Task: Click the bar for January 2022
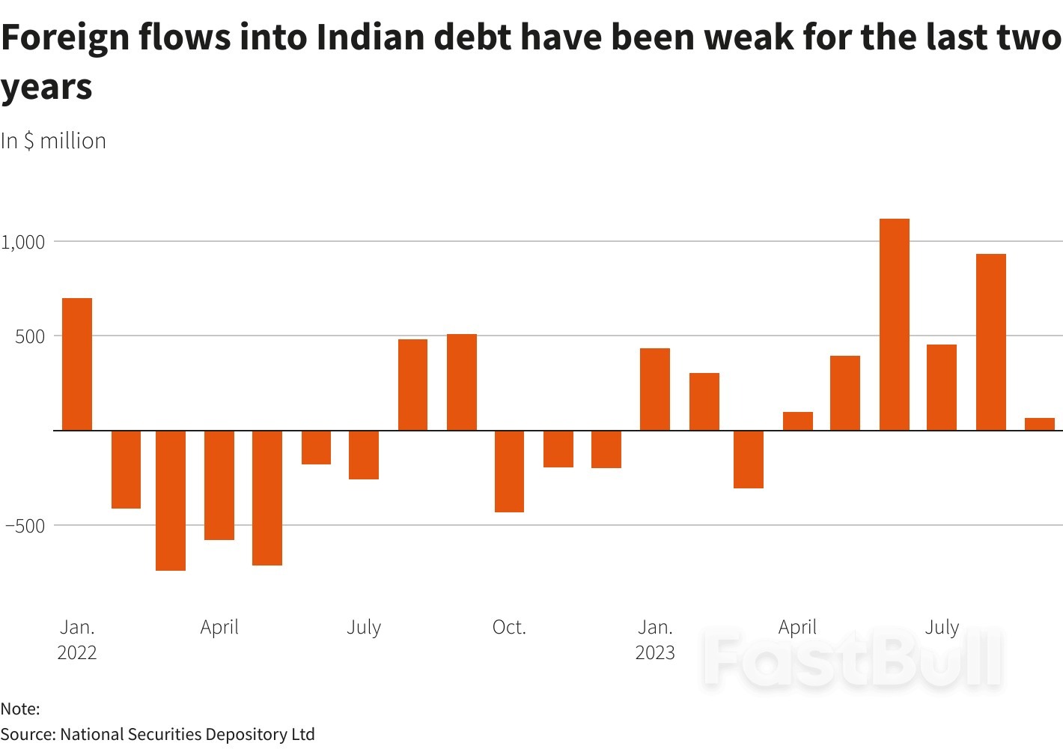click(x=77, y=364)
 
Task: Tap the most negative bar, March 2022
click(x=171, y=500)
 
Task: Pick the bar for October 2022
click(x=509, y=471)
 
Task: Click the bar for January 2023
click(x=655, y=389)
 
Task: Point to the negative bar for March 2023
click(x=749, y=459)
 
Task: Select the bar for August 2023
click(x=990, y=342)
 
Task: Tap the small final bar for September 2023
click(x=1039, y=424)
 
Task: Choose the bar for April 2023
click(x=798, y=421)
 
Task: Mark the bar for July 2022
click(x=364, y=455)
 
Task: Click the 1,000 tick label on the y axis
click(x=23, y=242)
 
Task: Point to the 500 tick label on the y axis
click(x=30, y=336)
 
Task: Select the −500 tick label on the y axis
click(x=25, y=526)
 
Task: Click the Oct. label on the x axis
click(x=509, y=627)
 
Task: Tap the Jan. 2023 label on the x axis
click(x=655, y=639)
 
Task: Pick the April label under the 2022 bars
click(x=219, y=627)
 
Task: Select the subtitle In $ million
click(x=53, y=141)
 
